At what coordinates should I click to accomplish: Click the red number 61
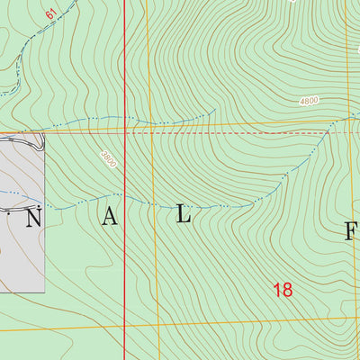pyautogui.click(x=49, y=14)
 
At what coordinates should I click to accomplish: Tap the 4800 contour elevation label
pyautogui.click(x=310, y=102)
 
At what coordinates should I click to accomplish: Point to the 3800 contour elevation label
pyautogui.click(x=109, y=158)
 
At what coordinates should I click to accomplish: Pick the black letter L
pyautogui.click(x=184, y=215)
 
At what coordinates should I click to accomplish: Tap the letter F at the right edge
pyautogui.click(x=352, y=231)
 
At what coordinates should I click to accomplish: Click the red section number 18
pyautogui.click(x=283, y=290)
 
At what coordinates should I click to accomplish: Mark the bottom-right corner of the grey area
pyautogui.click(x=44, y=292)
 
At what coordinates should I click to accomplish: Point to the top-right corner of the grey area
pyautogui.click(x=44, y=135)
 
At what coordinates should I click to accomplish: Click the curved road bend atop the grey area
pyautogui.click(x=40, y=142)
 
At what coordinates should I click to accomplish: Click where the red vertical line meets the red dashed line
pyautogui.click(x=124, y=132)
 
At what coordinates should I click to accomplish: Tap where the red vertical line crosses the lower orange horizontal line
pyautogui.click(x=124, y=327)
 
